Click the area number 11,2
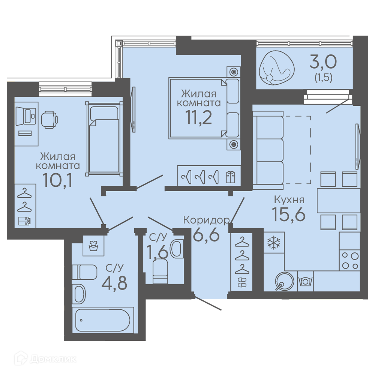coord(199,118)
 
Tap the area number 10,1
coord(57,180)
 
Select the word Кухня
coord(289,199)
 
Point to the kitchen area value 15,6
coord(289,214)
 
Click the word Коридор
coord(206,220)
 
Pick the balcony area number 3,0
coord(323,62)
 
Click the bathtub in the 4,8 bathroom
coord(103,320)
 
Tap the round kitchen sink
coord(284,281)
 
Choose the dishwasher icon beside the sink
coord(305,281)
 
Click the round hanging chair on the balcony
coord(277,67)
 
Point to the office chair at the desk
coord(49,120)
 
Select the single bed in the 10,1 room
coord(104,139)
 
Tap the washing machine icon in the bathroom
coord(93,245)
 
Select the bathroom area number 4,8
coord(114,283)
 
